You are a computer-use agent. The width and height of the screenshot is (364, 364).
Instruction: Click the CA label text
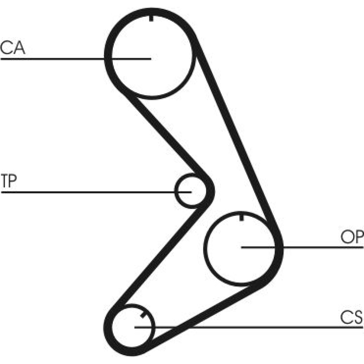coord(12,48)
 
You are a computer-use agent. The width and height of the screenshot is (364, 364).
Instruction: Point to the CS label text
coord(352,318)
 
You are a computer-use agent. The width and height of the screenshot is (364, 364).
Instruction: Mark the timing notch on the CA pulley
coord(151,18)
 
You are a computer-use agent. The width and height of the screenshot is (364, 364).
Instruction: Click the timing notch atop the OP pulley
coord(241,218)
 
